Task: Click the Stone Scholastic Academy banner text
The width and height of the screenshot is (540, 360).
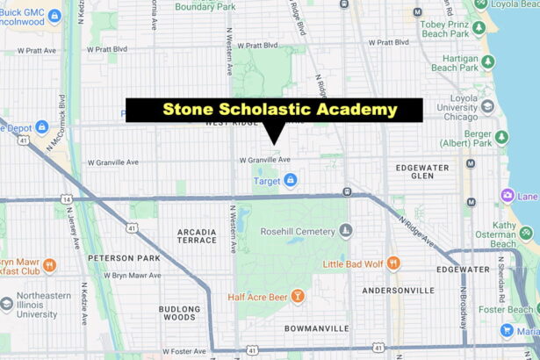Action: (279, 110)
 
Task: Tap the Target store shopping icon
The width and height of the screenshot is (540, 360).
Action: (290, 180)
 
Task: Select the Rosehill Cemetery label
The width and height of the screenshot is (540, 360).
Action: (299, 231)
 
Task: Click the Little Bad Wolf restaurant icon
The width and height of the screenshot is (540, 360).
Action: (392, 263)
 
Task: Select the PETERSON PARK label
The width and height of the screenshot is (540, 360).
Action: (124, 258)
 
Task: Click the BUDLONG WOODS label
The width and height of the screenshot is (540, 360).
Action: (179, 313)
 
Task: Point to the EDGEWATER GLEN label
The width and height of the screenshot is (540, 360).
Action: (421, 171)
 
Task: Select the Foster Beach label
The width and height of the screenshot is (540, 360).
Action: (509, 308)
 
